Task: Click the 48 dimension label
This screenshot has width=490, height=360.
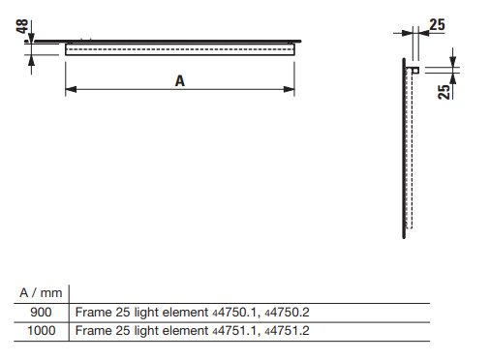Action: pyautogui.click(x=22, y=26)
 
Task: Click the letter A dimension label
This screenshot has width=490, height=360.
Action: pyautogui.click(x=180, y=80)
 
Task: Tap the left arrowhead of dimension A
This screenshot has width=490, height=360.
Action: pyautogui.click(x=71, y=89)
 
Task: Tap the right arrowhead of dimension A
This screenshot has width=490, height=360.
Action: pyautogui.click(x=289, y=89)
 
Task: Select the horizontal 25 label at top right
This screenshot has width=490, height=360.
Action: pyautogui.click(x=437, y=25)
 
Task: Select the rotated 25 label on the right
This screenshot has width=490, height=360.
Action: pyautogui.click(x=444, y=92)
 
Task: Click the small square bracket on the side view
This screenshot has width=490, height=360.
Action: pyautogui.click(x=415, y=70)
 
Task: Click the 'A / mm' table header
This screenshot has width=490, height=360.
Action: pyautogui.click(x=41, y=293)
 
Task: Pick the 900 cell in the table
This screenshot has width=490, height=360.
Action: pyautogui.click(x=41, y=312)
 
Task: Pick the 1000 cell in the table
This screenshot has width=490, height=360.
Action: pyautogui.click(x=42, y=331)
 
